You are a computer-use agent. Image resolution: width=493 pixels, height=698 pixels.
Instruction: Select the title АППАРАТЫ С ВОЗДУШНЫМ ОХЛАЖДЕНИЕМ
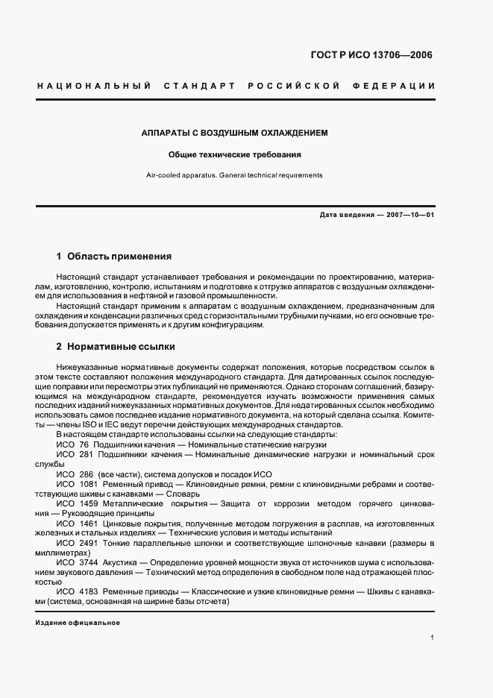pos(235,133)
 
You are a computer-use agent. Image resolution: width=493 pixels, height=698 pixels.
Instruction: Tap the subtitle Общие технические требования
pos(235,156)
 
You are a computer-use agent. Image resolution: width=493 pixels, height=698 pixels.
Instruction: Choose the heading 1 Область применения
pos(114,256)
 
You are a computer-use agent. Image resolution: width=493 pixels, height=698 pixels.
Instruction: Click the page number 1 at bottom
pos(433,638)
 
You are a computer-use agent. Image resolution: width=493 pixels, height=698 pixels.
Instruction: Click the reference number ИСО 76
pos(73,444)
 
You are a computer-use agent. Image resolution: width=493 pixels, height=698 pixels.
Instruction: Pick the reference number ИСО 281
pos(75,454)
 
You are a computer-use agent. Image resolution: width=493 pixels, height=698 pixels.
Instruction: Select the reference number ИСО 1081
pos(77,484)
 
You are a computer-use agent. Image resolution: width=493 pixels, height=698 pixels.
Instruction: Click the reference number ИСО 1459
pos(77,504)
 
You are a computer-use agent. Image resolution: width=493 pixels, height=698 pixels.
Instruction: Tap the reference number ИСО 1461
pos(77,524)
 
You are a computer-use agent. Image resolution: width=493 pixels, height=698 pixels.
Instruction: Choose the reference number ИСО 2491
pos(77,544)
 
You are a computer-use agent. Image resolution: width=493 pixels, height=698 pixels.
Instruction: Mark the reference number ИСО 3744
pos(77,564)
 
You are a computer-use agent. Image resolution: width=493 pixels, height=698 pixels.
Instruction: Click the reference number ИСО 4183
pos(77,591)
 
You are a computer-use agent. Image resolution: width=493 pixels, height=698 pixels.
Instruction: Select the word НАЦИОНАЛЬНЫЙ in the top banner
pos(94,87)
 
